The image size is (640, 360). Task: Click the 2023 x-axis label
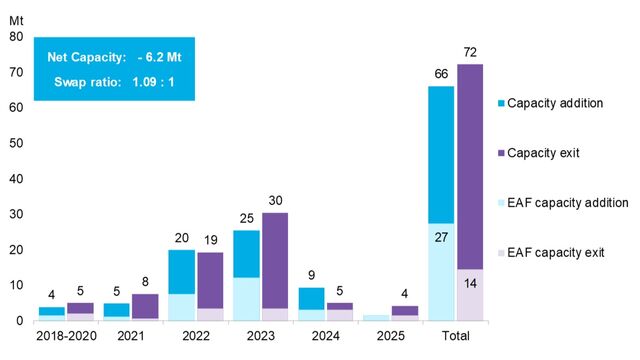[259, 337]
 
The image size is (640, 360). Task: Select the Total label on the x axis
[456, 337]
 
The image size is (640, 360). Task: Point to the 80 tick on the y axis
[16, 37]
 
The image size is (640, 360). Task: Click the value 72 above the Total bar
[470, 51]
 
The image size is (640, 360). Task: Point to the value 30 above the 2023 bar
[275, 199]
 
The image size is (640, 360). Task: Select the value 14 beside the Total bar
[470, 283]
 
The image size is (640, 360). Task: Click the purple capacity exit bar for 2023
[275, 260]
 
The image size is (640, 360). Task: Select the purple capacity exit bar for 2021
[145, 305]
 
